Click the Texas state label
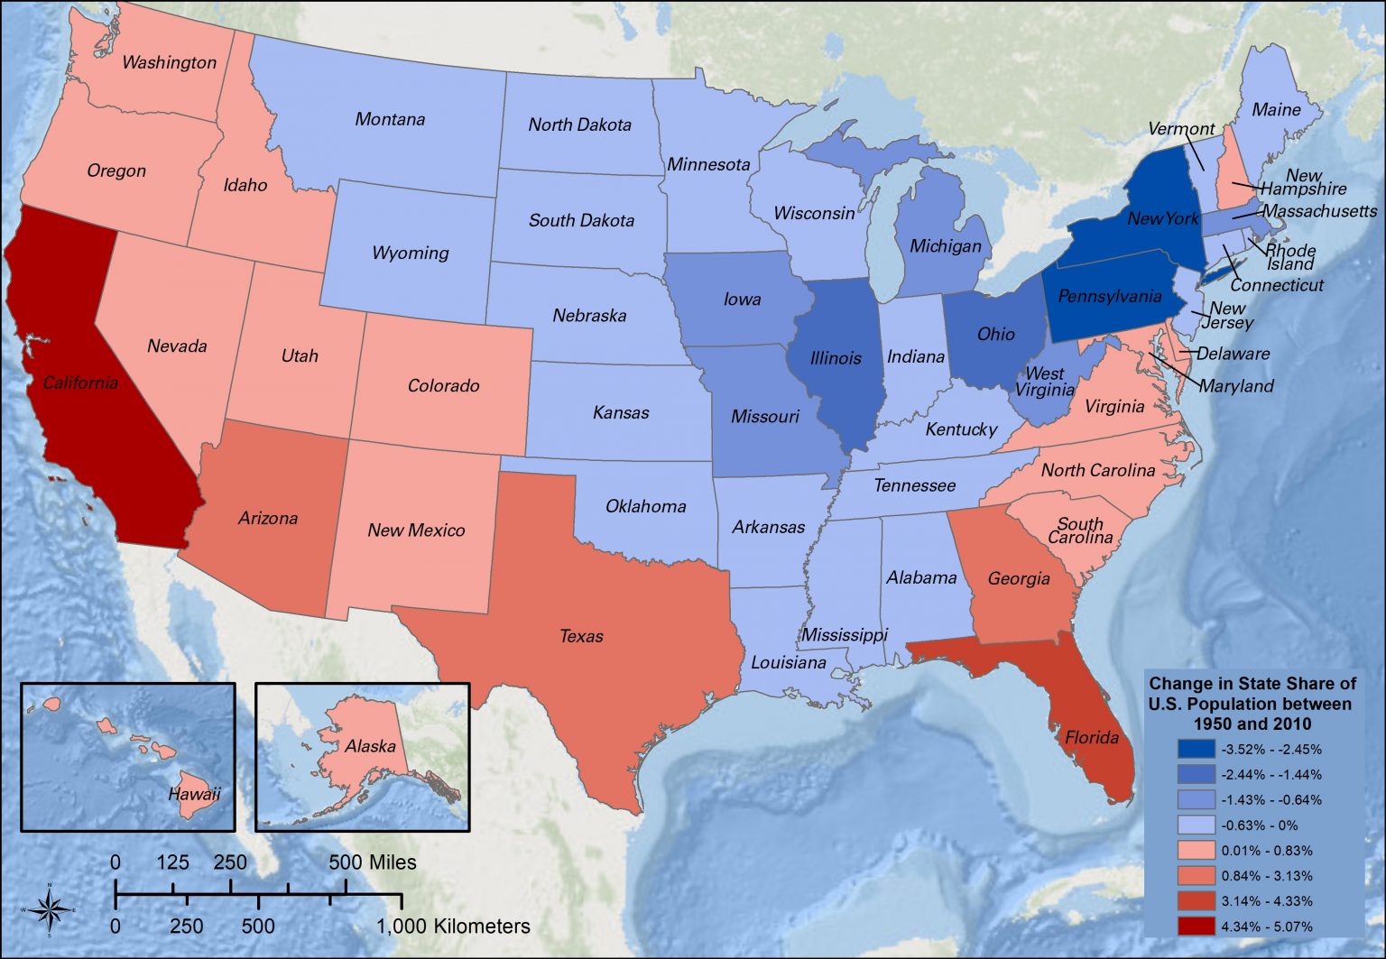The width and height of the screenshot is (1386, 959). click(581, 636)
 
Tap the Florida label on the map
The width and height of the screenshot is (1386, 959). click(1091, 737)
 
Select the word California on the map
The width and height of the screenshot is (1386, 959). click(80, 383)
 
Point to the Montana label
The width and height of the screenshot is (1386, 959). click(390, 119)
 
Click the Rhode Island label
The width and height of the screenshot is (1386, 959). click(1290, 257)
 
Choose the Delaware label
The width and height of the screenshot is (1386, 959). click(1233, 354)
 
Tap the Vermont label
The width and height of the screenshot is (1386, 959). click(1181, 129)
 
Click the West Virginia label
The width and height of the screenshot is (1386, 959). click(1045, 382)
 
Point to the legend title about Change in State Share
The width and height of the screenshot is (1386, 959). click(1252, 704)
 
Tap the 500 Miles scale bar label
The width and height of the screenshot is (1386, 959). click(373, 862)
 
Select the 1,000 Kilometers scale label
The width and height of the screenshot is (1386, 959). click(453, 927)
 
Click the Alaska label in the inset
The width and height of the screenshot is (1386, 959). click(370, 746)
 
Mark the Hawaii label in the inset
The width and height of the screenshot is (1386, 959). click(194, 794)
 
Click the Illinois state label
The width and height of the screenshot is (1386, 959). click(836, 358)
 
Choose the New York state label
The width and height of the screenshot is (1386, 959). click(1163, 218)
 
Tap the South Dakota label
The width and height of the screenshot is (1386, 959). click(581, 220)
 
